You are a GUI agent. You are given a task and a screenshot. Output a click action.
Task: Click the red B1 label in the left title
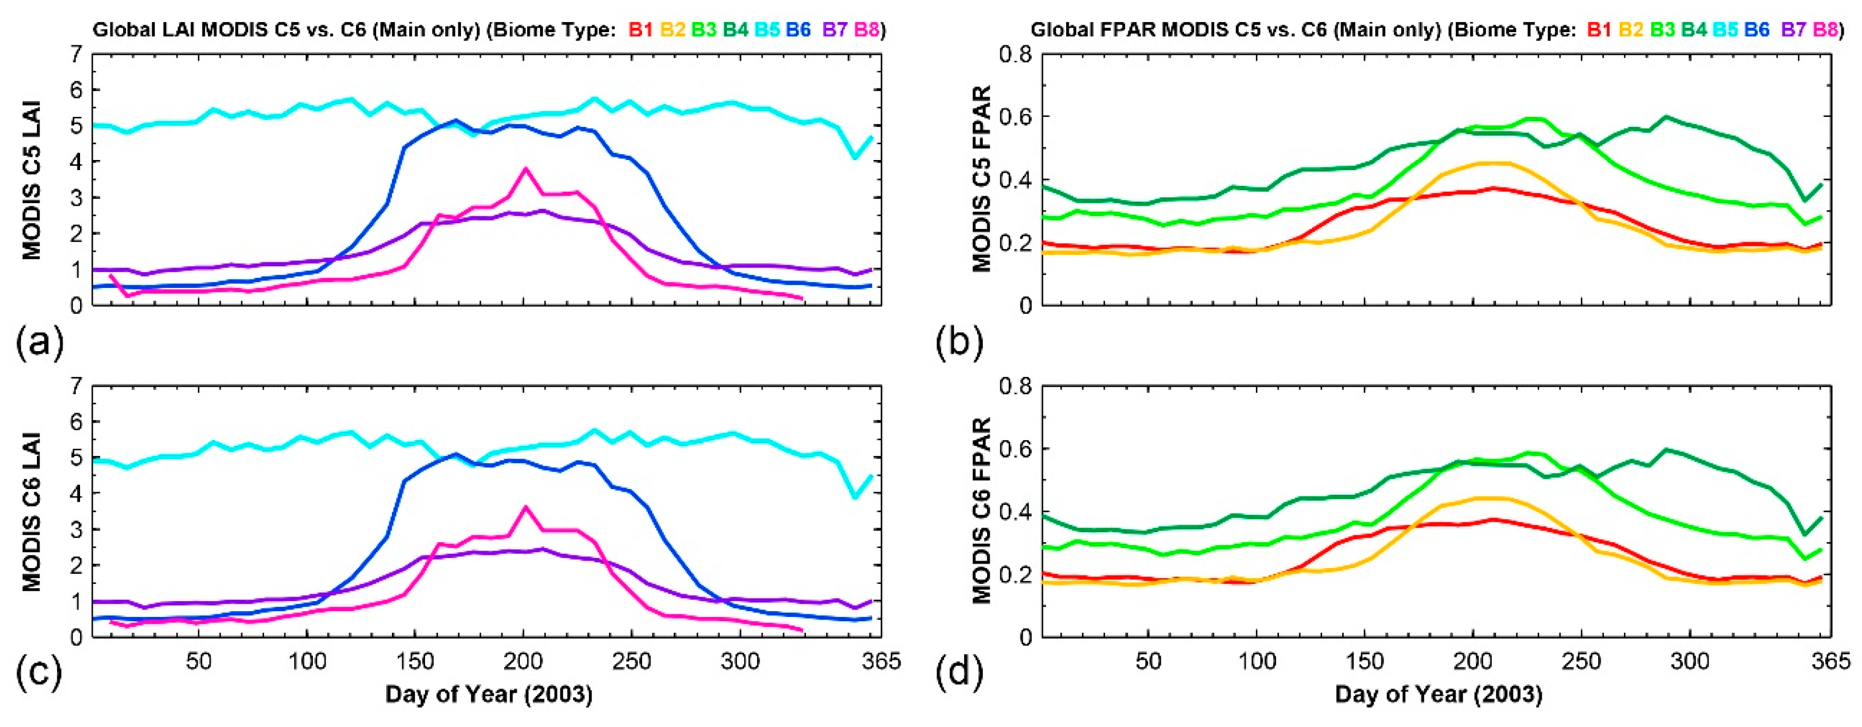pyautogui.click(x=641, y=29)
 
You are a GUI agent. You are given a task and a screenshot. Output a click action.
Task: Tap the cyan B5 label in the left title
pyautogui.click(x=767, y=29)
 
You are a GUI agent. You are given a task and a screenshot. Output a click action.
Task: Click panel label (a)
pyautogui.click(x=40, y=341)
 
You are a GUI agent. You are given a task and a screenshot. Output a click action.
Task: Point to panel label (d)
pyautogui.click(x=959, y=673)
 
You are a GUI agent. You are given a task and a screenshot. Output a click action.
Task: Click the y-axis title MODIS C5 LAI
pyautogui.click(x=32, y=180)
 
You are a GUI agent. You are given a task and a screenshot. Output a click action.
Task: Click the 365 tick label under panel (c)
pyautogui.click(x=880, y=661)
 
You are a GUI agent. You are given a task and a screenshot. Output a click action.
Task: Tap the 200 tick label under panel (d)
pyautogui.click(x=1472, y=661)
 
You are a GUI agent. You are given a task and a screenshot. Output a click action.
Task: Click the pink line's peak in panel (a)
pyautogui.click(x=526, y=168)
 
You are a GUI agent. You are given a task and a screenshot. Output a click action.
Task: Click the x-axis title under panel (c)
pyautogui.click(x=489, y=694)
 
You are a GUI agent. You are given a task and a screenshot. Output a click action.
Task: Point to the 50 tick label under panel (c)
pyautogui.click(x=199, y=661)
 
